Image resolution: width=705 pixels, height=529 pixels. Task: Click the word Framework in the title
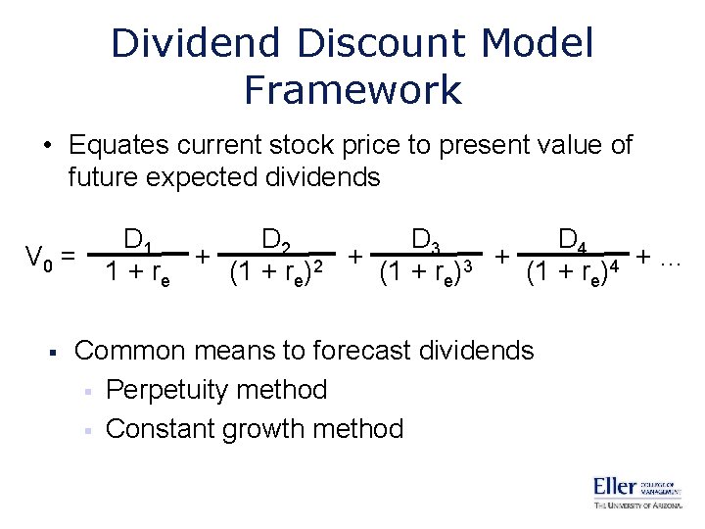point(352,89)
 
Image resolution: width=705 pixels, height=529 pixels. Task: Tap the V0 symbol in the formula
point(38,259)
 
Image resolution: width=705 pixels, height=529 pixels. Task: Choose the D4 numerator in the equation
point(574,239)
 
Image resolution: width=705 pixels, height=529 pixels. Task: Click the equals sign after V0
point(68,259)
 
